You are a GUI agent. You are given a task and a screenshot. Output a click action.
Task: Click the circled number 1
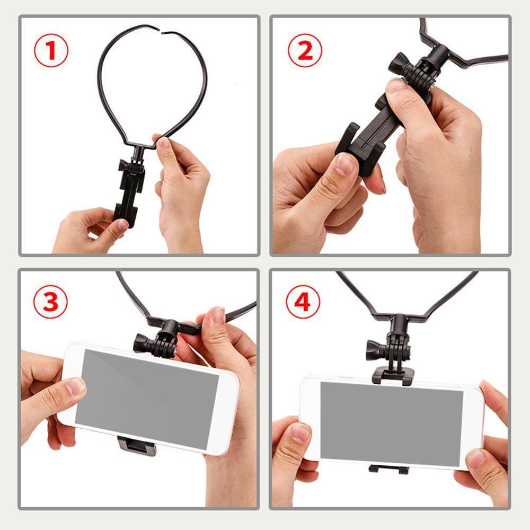[x=51, y=50]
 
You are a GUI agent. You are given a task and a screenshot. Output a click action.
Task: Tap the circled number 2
[x=304, y=50]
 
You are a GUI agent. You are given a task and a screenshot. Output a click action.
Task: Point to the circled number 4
[x=303, y=302]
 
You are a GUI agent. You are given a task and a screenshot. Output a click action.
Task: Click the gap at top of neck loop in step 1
[x=161, y=30]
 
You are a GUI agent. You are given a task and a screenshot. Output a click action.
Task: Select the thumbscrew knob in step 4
[x=374, y=350]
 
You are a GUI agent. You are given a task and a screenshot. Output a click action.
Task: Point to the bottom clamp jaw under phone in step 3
[x=137, y=446]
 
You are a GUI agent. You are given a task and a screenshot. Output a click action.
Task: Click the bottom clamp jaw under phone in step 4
[x=389, y=469]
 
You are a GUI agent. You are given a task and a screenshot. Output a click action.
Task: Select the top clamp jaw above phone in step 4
[x=393, y=376]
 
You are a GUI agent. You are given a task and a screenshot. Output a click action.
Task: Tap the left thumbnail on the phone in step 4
[x=300, y=432]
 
